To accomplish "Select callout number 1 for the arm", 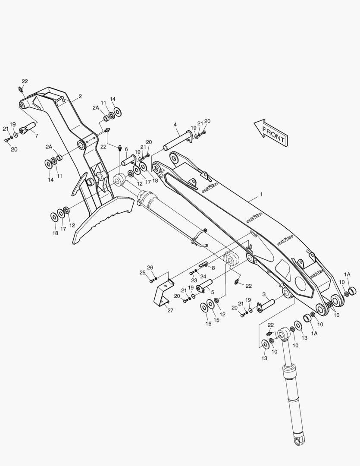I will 261,195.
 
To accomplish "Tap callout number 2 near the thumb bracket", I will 80,96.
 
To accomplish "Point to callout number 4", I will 175,125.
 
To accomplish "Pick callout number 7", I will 36,135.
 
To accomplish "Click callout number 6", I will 126,149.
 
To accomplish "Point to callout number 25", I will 142,272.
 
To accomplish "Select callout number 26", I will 150,268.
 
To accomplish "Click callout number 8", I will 213,268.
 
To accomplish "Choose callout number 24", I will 203,277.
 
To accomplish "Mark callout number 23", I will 194,280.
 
